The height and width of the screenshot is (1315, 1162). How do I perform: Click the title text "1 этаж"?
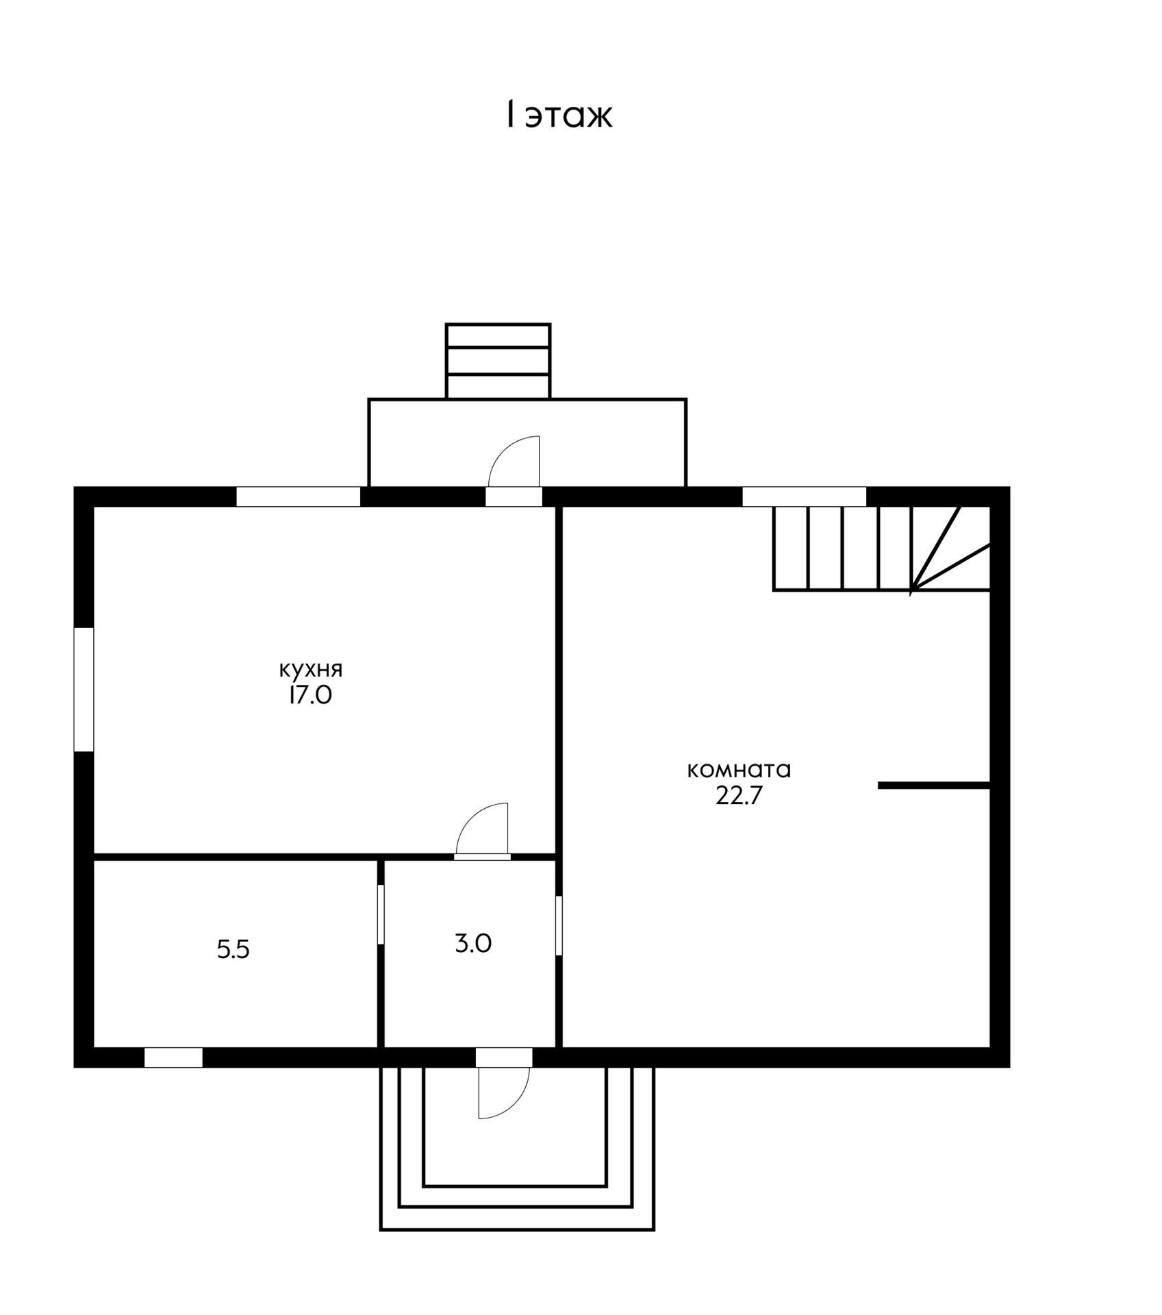(x=559, y=115)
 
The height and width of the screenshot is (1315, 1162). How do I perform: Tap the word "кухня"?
(x=311, y=669)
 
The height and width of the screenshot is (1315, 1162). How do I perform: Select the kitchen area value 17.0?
(x=310, y=696)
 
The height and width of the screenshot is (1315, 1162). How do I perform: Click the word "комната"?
(x=739, y=770)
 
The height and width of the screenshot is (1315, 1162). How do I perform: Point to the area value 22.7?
(x=739, y=796)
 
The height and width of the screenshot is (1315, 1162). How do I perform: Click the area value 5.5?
(x=233, y=949)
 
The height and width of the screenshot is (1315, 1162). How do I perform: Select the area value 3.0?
(x=473, y=944)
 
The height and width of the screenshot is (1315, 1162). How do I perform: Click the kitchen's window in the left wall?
(x=84, y=689)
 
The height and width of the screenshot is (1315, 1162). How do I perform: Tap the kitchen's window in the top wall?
(x=299, y=497)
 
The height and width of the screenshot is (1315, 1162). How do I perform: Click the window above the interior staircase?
(x=805, y=497)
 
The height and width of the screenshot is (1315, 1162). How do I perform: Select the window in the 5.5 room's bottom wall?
(x=173, y=1057)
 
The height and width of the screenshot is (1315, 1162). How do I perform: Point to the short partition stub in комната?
(x=935, y=786)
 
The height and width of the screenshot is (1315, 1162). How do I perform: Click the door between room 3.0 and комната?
(x=559, y=925)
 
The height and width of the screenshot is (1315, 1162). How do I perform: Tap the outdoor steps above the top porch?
(x=498, y=361)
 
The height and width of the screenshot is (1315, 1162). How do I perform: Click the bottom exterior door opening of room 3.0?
(x=504, y=1057)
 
